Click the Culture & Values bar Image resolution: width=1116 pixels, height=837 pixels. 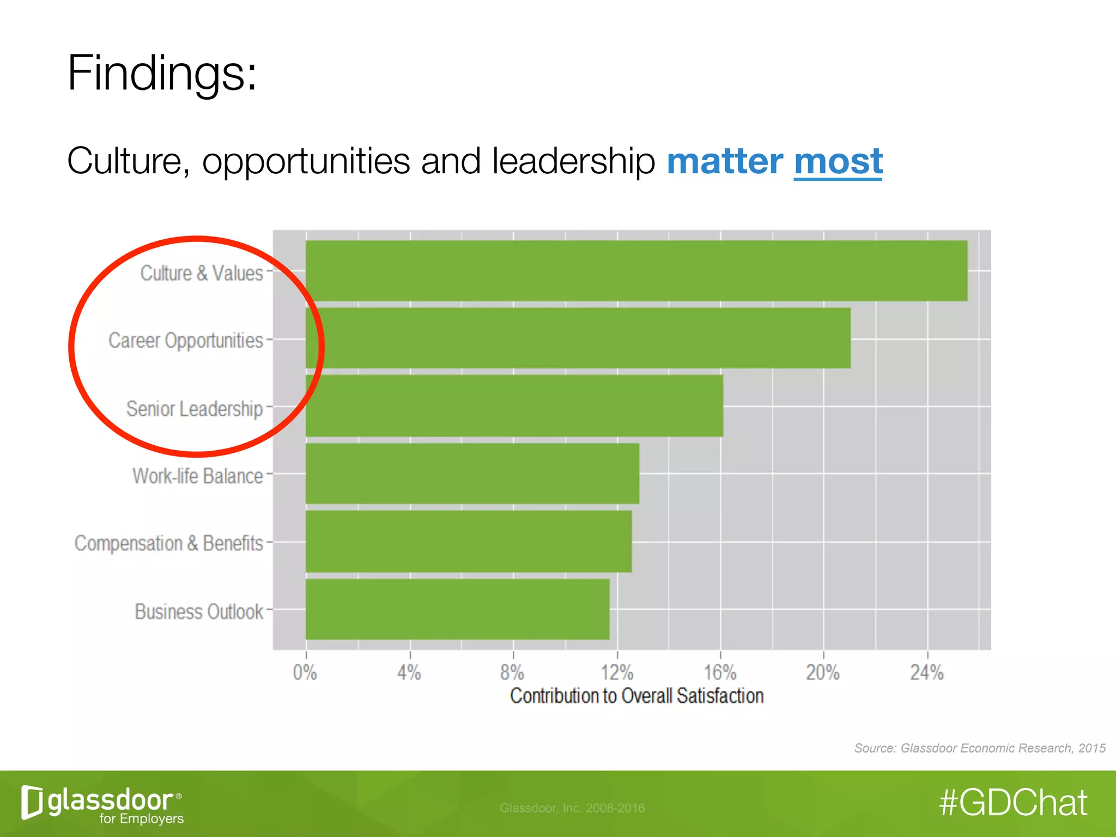636,271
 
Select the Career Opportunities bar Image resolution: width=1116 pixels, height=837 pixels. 578,338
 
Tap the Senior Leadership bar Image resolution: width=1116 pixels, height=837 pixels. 514,406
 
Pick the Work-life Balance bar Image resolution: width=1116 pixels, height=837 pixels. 472,474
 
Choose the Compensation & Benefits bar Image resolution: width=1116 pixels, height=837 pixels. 469,541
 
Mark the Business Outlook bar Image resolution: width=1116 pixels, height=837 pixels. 458,609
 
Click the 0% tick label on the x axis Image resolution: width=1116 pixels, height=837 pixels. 305,672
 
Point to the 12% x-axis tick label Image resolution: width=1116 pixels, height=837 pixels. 617,672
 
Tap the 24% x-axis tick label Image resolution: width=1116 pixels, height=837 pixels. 927,672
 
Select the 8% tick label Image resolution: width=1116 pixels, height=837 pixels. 512,672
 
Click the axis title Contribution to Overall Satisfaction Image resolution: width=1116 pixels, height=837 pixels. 636,696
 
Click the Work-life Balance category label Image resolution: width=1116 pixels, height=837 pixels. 198,476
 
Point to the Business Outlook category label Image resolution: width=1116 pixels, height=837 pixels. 199,611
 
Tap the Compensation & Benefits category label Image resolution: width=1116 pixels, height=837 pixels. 169,543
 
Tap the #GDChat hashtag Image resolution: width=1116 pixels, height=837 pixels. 1014,803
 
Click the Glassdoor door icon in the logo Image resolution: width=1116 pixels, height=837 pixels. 32,802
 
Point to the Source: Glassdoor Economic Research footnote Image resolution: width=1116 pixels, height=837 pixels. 980,748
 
